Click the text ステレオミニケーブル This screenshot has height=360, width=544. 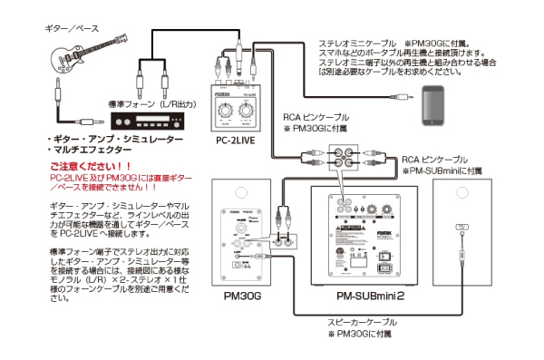tap(357, 44)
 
